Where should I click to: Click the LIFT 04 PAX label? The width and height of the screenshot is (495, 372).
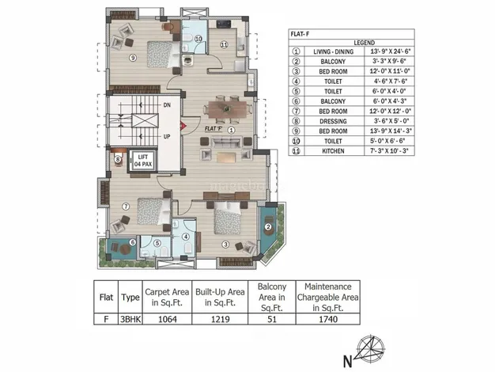(x=143, y=161)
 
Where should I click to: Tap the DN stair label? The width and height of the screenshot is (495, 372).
(x=167, y=105)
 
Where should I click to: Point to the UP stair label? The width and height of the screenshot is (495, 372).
(x=167, y=137)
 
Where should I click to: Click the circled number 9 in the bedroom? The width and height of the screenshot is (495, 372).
(x=133, y=58)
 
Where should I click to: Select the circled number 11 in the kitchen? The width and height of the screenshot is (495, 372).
(x=224, y=44)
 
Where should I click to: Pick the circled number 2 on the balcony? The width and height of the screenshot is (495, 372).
(x=268, y=226)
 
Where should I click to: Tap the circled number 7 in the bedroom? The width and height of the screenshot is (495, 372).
(x=126, y=207)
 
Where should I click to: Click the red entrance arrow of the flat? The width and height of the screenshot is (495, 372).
(x=183, y=126)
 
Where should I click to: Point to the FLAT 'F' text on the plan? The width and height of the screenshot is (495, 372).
(x=213, y=129)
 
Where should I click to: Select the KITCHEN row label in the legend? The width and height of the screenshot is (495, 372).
(x=333, y=151)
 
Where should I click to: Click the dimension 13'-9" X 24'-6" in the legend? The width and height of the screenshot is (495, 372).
(x=390, y=51)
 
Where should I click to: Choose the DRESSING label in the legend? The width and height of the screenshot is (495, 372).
(x=333, y=121)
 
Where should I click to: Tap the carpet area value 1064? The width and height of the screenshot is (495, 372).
(x=168, y=319)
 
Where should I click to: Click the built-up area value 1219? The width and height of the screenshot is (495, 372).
(x=221, y=319)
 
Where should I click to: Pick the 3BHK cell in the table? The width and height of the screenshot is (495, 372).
(x=130, y=319)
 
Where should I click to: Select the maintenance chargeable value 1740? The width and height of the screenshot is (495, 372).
(x=328, y=319)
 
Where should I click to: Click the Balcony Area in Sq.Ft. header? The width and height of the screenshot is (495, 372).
(x=272, y=297)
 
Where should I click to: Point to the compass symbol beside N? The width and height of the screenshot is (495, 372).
(x=370, y=348)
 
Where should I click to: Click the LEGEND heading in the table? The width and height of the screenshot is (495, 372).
(x=365, y=43)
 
